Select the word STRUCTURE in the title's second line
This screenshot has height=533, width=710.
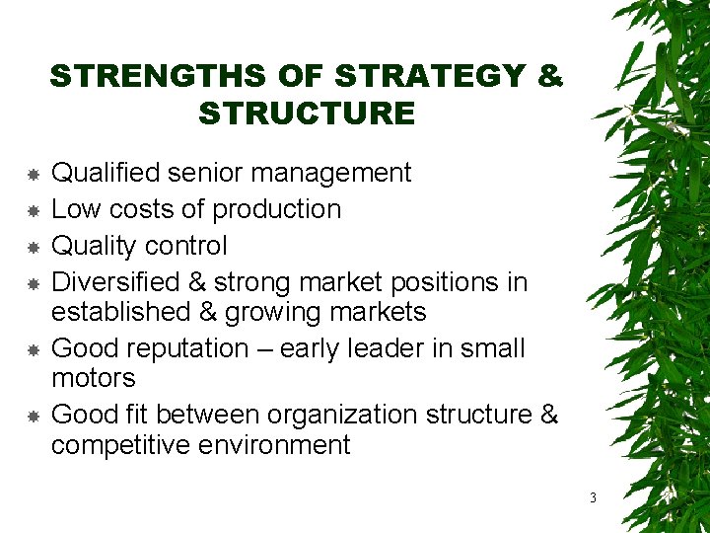pyautogui.click(x=307, y=114)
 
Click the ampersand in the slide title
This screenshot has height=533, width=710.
pyautogui.click(x=550, y=76)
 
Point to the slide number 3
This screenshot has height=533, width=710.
pyautogui.click(x=593, y=497)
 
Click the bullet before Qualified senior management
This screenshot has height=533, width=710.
pyautogui.click(x=33, y=174)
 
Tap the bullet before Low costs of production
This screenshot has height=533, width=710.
pyautogui.click(x=33, y=210)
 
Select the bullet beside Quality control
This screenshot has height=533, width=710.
pyautogui.click(x=33, y=247)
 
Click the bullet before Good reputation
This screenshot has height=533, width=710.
pyautogui.click(x=33, y=349)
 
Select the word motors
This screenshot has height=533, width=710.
pyautogui.click(x=94, y=378)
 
